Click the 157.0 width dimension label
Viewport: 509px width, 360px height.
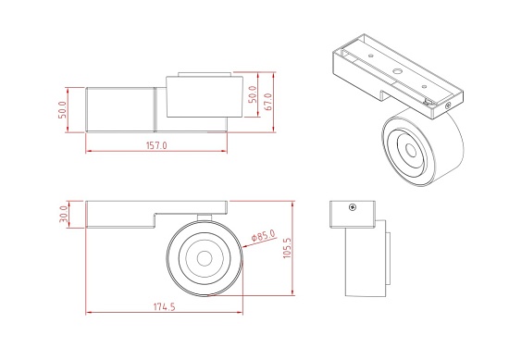coord(155,146)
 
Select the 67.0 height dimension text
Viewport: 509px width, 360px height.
coord(268,98)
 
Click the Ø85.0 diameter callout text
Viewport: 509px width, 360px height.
coord(264,238)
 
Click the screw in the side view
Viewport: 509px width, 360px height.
coord(352,207)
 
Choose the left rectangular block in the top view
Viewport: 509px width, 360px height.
coord(120,107)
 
